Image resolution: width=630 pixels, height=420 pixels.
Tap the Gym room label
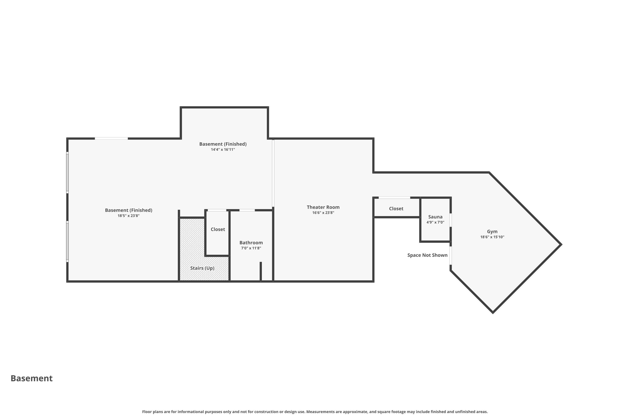(x=492, y=231)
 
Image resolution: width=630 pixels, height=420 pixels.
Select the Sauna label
(x=435, y=217)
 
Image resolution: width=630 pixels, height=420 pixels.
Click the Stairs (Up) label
(x=202, y=268)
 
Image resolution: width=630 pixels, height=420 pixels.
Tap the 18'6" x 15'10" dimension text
(x=492, y=237)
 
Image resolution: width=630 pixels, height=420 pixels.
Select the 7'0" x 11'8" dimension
(x=251, y=248)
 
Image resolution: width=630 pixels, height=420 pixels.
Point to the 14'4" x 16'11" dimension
(x=223, y=150)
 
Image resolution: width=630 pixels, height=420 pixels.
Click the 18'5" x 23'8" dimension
(x=129, y=216)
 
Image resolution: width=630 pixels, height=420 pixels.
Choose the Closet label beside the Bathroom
(x=218, y=229)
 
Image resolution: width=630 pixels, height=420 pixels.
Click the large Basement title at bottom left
(x=32, y=378)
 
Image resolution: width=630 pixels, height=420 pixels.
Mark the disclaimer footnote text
(x=315, y=412)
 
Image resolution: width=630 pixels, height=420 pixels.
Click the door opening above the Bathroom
(x=247, y=210)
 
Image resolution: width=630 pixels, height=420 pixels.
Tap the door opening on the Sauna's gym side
(x=450, y=220)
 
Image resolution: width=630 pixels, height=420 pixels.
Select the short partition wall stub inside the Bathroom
(x=261, y=272)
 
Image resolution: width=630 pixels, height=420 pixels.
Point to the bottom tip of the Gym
(x=493, y=313)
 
